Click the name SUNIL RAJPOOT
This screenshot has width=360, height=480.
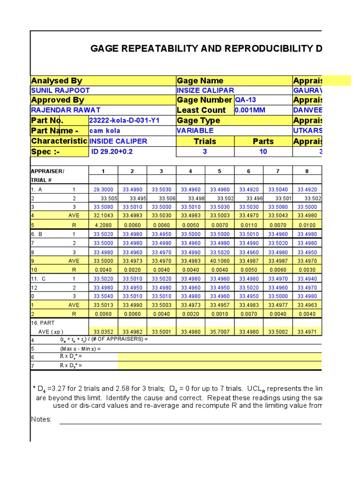pos(60,90)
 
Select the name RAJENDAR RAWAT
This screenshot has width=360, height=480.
pos(65,110)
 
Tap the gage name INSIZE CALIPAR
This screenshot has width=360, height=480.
pos(205,90)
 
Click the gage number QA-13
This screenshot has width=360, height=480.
pos(245,100)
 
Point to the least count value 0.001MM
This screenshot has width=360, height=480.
pos(250,110)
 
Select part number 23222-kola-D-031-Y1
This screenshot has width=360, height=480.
pos(124,120)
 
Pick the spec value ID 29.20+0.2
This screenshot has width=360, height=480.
pos(111,151)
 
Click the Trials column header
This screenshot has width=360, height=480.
pos(205,141)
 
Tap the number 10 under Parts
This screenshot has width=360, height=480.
pos(263,151)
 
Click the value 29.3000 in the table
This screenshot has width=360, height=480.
pos(103,189)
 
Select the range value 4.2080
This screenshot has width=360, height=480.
pos(103,225)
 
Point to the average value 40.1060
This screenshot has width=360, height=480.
pos(219,261)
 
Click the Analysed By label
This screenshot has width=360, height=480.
pos(56,81)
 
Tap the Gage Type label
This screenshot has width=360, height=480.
pos(198,120)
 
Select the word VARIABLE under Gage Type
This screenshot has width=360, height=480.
pos(195,131)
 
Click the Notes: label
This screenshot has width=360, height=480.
pos(41,420)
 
